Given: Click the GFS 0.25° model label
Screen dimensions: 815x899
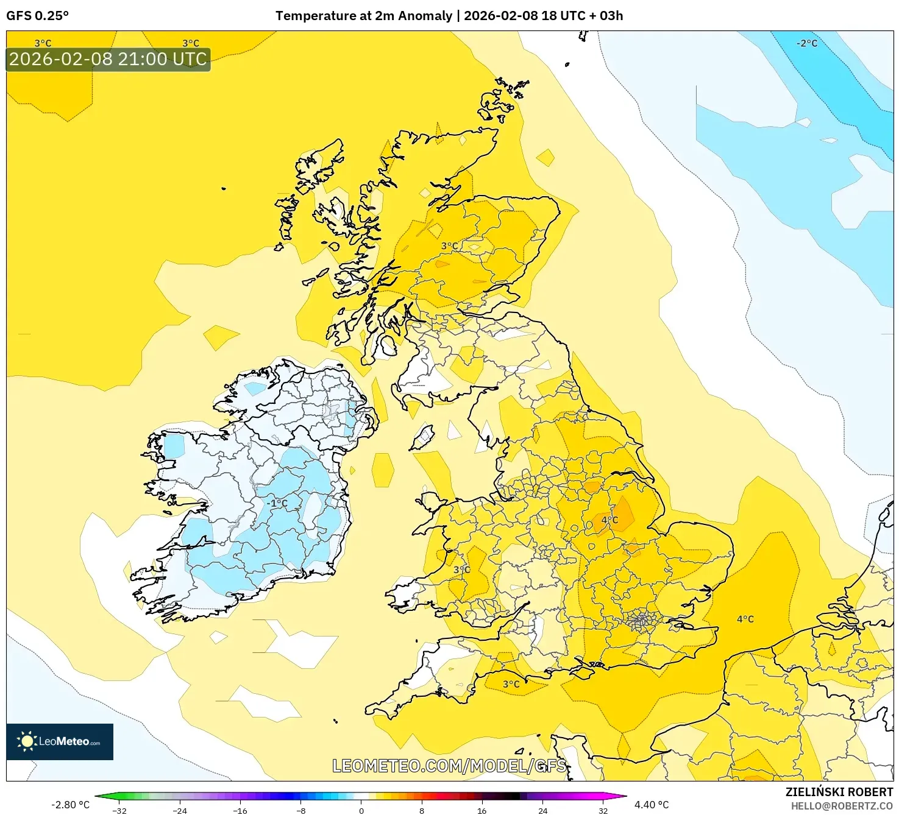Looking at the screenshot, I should pyautogui.click(x=37, y=16).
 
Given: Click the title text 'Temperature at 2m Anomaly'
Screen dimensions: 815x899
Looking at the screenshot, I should pyautogui.click(x=364, y=16).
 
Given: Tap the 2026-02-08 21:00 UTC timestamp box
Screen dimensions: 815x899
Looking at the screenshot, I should pyautogui.click(x=108, y=59).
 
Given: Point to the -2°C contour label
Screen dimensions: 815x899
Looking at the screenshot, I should pyautogui.click(x=806, y=43).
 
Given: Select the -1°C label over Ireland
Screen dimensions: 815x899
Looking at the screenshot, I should pyautogui.click(x=277, y=503).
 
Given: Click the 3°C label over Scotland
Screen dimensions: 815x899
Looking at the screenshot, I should pyautogui.click(x=450, y=246).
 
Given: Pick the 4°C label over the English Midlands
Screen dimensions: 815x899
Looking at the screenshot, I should pyautogui.click(x=609, y=520).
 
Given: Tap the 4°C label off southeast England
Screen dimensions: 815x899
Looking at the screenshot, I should pyautogui.click(x=745, y=619).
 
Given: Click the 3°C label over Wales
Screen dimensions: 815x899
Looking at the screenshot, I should pyautogui.click(x=461, y=570).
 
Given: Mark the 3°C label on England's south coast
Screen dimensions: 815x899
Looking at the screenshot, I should pyautogui.click(x=511, y=684).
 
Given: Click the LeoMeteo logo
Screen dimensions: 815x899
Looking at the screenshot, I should pyautogui.click(x=60, y=741).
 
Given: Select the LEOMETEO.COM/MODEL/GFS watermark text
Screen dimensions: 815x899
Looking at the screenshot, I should pyautogui.click(x=449, y=766).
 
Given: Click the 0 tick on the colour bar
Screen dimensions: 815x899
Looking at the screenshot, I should pyautogui.click(x=361, y=810).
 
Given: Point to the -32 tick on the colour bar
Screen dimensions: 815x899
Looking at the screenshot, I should pyautogui.click(x=120, y=810).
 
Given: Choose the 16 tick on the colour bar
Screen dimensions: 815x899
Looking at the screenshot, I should pyautogui.click(x=481, y=810).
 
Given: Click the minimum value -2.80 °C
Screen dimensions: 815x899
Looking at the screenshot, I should pyautogui.click(x=70, y=805).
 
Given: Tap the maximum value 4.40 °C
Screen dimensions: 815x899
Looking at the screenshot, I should pyautogui.click(x=652, y=805).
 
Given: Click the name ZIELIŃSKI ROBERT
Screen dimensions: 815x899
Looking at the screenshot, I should pyautogui.click(x=839, y=792).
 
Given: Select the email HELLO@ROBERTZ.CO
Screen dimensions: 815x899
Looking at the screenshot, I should pyautogui.click(x=841, y=806).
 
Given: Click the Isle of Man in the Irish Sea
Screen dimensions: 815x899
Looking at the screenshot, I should pyautogui.click(x=422, y=437).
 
